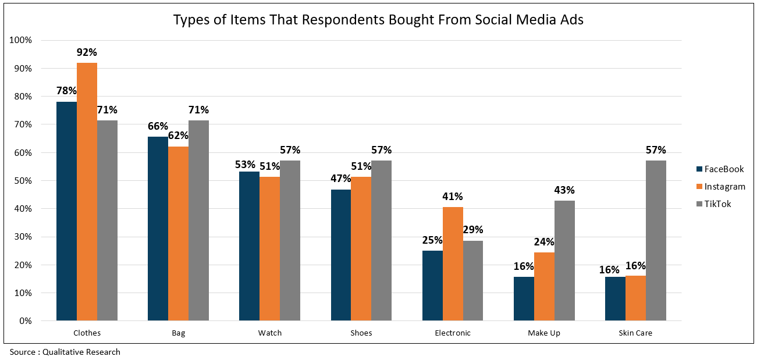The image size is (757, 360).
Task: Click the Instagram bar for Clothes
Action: click(x=87, y=191)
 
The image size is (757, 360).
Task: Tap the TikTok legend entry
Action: click(x=717, y=204)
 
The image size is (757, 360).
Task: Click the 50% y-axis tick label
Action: click(x=23, y=181)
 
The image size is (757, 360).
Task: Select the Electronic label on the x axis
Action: click(x=453, y=333)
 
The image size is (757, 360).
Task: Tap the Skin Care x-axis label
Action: click(x=635, y=333)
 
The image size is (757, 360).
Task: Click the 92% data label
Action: click(x=87, y=52)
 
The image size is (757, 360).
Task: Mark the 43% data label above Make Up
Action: click(x=564, y=190)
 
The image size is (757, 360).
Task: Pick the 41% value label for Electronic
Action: click(x=453, y=197)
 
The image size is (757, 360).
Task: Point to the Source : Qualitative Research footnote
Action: click(x=65, y=352)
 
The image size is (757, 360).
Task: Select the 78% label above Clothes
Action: click(x=66, y=91)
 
